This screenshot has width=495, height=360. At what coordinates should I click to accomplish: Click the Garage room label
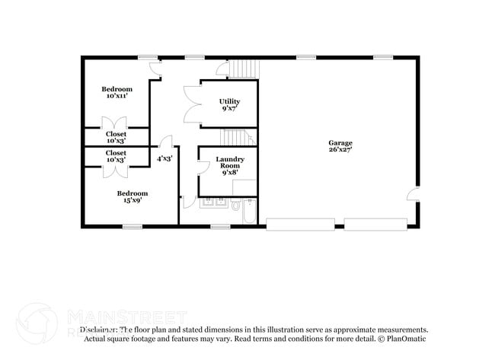coord(340,147)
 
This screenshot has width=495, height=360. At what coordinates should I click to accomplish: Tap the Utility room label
coord(229,105)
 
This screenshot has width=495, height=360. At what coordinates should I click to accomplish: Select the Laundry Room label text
coord(229,165)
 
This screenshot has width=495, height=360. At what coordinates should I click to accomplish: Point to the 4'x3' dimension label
coord(164,159)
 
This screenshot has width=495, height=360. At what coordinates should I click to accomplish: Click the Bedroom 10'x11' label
coord(117,93)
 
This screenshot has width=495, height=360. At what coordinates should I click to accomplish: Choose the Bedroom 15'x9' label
coord(132,196)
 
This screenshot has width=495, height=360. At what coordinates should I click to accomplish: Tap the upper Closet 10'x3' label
coord(117,137)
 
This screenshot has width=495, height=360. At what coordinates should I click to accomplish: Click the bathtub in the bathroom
coord(250,212)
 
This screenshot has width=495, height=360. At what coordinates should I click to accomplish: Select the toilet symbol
coord(236,205)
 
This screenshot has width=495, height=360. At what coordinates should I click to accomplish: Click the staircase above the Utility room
coord(243,68)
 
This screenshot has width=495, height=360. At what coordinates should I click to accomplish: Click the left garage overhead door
coord(300,224)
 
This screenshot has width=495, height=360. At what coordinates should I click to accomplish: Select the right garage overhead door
coord(377,224)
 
